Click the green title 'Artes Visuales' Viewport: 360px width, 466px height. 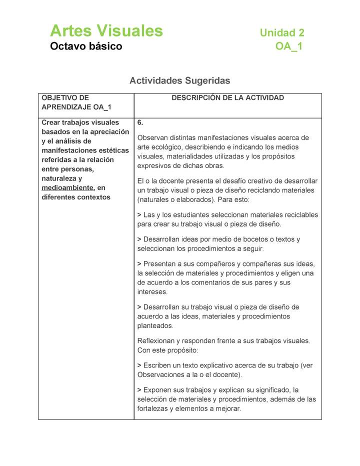(x=106, y=31)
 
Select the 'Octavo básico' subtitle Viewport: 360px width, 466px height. (x=86, y=46)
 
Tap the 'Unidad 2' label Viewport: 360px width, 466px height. (x=282, y=33)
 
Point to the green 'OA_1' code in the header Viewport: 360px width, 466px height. (x=288, y=46)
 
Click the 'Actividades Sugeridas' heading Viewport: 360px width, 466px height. (x=180, y=80)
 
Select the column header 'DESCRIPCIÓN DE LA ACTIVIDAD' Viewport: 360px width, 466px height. (x=227, y=98)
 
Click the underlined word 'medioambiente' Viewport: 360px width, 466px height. (x=67, y=187)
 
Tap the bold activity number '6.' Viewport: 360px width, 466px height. (x=140, y=122)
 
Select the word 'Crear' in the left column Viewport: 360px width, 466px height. (x=51, y=122)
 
